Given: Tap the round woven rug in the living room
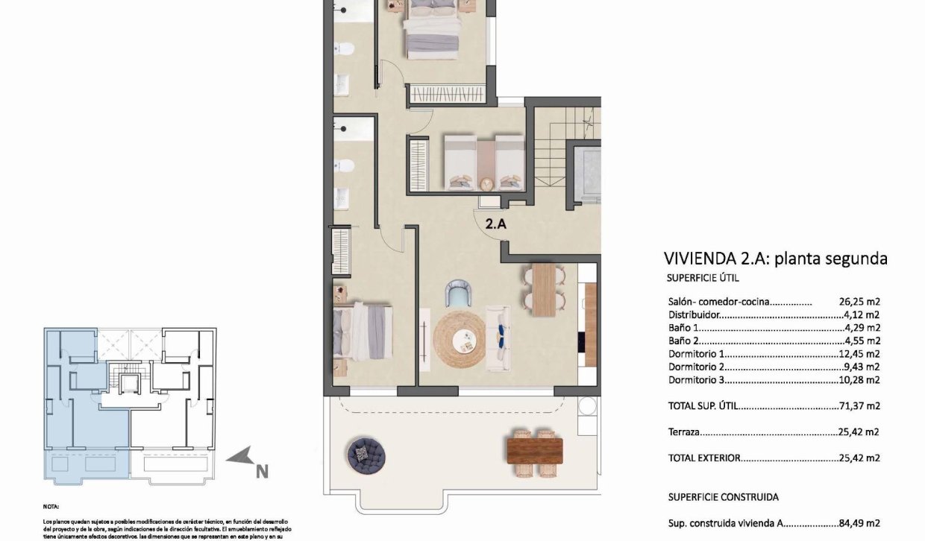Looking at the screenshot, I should pos(460,340).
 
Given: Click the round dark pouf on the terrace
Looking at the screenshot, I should pos(367,452).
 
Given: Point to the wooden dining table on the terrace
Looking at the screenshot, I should pos(534,449).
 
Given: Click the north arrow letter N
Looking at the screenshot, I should pos(261,471).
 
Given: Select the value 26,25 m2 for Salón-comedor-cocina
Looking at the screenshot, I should pos(859,303).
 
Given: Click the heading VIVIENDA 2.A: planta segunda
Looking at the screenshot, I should pos(775,259).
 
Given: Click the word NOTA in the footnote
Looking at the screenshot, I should pos(51,504).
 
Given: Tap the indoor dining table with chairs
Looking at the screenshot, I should pos(544,289).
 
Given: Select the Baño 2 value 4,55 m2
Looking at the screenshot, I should pos(862,341).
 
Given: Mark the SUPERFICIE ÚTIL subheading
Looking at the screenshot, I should pos(702,278).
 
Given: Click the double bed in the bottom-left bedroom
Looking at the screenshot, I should pos(363,329).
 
